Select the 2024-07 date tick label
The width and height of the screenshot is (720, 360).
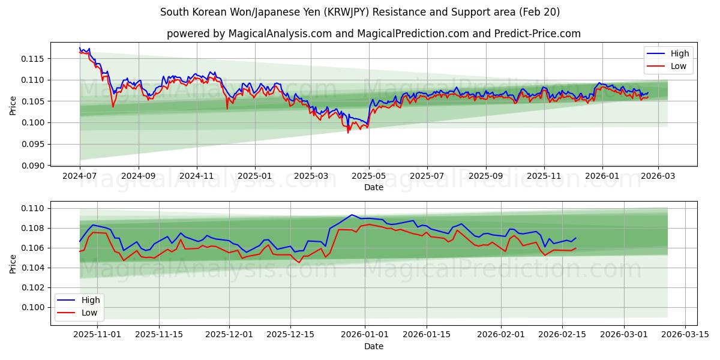click(x=80, y=176)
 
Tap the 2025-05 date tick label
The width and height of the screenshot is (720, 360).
click(x=369, y=176)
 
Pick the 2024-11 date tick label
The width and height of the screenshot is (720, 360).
click(x=197, y=176)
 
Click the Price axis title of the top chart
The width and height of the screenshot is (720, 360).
click(x=13, y=106)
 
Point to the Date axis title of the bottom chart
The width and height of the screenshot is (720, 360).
click(x=373, y=346)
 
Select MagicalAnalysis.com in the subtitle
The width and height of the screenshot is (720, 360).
click(x=280, y=34)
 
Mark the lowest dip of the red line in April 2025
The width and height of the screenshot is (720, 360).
click(x=347, y=132)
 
